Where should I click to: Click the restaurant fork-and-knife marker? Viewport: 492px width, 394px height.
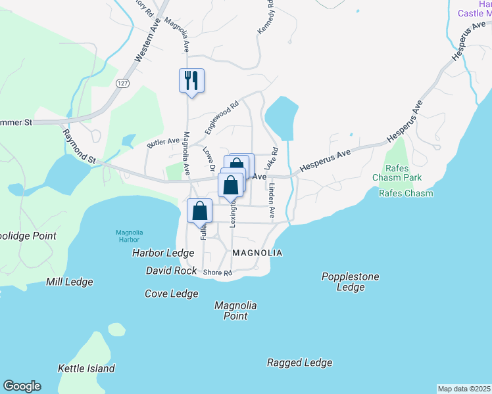point(191,81)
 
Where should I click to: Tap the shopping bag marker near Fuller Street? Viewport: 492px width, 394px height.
point(200,211)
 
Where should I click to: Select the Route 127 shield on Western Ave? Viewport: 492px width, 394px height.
point(122,83)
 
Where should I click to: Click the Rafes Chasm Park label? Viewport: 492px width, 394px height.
point(397,172)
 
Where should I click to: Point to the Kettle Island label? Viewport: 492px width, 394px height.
point(86,368)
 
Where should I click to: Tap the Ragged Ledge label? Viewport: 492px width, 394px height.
point(299,362)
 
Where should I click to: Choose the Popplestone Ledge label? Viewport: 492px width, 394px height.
point(350,282)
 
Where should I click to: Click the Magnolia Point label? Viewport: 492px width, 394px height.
point(235,311)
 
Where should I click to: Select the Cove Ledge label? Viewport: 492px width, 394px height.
point(171,294)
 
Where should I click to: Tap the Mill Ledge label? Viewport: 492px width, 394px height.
point(69,282)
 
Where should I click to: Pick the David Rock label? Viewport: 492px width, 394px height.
point(171,271)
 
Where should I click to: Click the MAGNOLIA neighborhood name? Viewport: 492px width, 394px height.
point(257,253)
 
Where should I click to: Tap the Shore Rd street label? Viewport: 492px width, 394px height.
point(218,273)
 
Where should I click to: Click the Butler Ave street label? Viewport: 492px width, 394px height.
point(163,142)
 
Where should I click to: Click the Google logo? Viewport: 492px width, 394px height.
point(22,386)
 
